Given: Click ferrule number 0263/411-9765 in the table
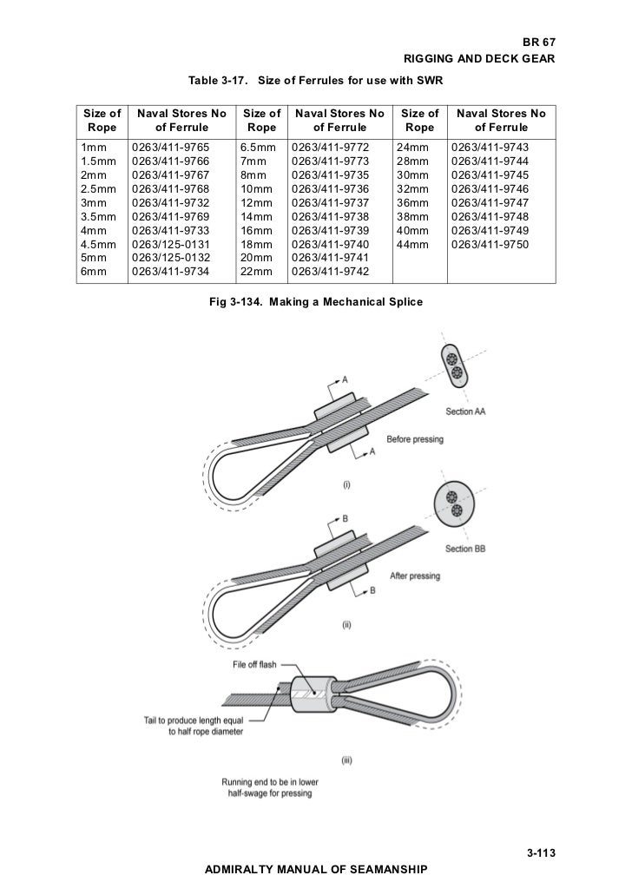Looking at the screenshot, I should click(x=170, y=148).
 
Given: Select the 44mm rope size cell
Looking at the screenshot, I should click(x=411, y=246).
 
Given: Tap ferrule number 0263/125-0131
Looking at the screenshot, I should click(x=170, y=246).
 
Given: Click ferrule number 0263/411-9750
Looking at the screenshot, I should click(x=490, y=246).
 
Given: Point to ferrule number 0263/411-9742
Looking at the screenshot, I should click(x=332, y=272).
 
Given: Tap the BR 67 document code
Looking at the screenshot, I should click(x=537, y=43).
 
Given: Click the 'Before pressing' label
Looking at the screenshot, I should click(x=415, y=439).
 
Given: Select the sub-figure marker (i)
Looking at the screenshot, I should click(x=346, y=484).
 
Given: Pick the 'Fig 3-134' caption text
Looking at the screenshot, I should click(x=316, y=300).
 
